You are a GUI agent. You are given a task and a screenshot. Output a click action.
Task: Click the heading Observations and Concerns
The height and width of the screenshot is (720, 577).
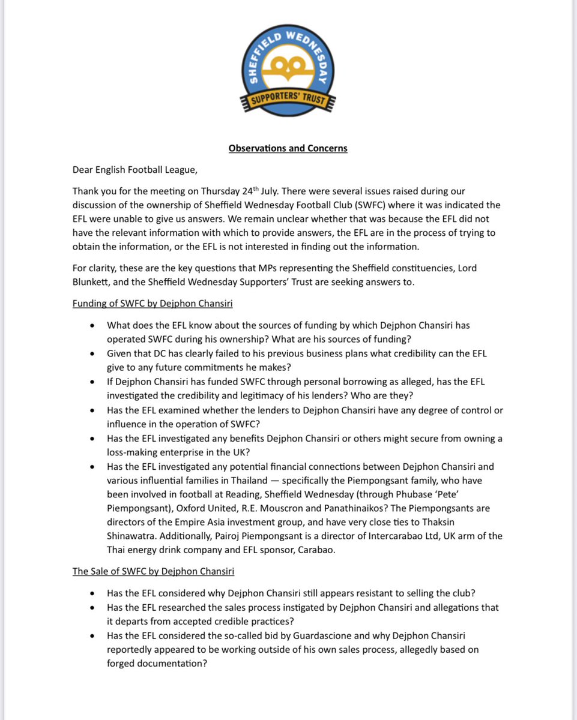tap(288, 148)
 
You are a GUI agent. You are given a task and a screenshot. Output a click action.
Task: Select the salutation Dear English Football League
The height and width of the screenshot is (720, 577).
tap(134, 170)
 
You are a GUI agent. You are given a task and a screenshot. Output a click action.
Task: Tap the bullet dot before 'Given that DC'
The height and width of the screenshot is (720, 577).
tap(91, 353)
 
